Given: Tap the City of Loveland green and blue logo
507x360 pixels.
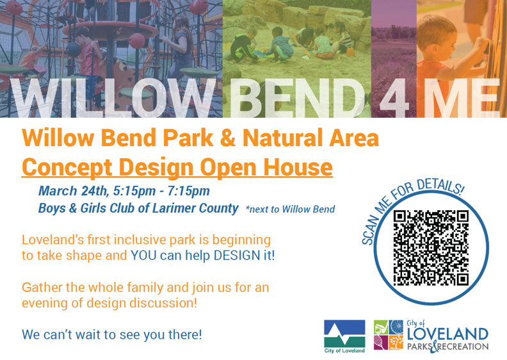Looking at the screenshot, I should (x=344, y=336).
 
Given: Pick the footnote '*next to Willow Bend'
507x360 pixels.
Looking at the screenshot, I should (x=289, y=209).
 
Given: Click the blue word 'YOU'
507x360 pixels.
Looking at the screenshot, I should (x=145, y=256).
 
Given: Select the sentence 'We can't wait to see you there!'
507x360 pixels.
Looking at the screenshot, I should (x=112, y=334).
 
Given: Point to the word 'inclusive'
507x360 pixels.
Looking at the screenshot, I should (x=138, y=240).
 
